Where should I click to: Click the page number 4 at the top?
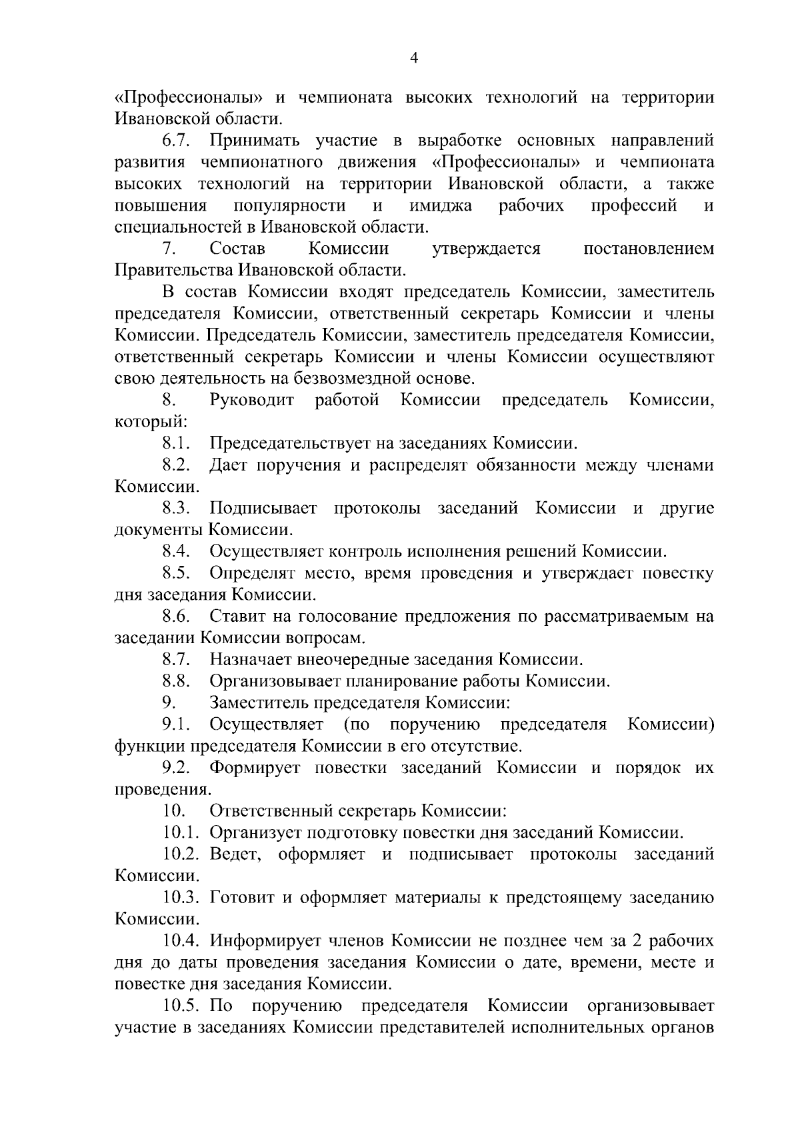(413, 59)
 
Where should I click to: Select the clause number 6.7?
(177, 141)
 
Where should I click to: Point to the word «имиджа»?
(441, 205)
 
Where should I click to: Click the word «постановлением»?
(648, 249)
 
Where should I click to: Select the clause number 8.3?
(177, 509)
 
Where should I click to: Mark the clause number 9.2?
(177, 768)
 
